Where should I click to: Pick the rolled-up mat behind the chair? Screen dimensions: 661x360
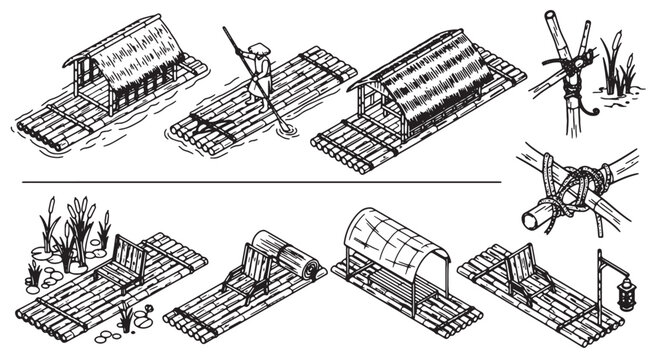point(291,259)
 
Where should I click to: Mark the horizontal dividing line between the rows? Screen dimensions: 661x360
point(260,183)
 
